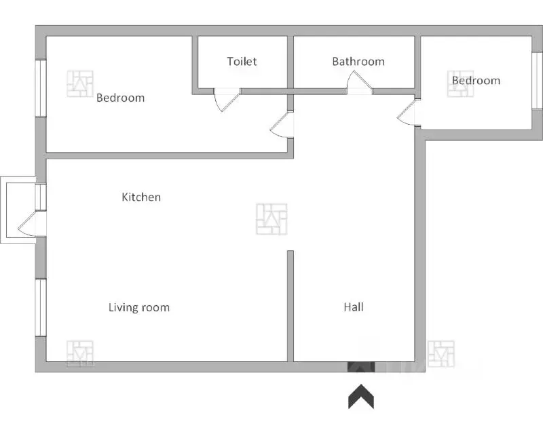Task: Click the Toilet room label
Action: tap(242, 62)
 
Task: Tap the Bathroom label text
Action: tap(358, 62)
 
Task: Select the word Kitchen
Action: tap(141, 197)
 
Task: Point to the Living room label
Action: tap(139, 308)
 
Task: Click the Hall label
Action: tap(353, 307)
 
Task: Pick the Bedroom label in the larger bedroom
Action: tap(120, 98)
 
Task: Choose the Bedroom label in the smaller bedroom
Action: tap(476, 81)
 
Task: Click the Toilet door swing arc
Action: tap(226, 102)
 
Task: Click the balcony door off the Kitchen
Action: tap(31, 224)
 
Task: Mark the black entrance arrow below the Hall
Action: tap(362, 397)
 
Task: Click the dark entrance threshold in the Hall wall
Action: tap(361, 367)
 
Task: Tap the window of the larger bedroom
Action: tap(41, 88)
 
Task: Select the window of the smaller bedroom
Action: tap(536, 79)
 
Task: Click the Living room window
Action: tap(41, 307)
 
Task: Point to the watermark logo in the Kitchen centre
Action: tap(271, 219)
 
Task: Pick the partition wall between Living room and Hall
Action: tap(290, 305)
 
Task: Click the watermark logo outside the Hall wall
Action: tap(441, 353)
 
